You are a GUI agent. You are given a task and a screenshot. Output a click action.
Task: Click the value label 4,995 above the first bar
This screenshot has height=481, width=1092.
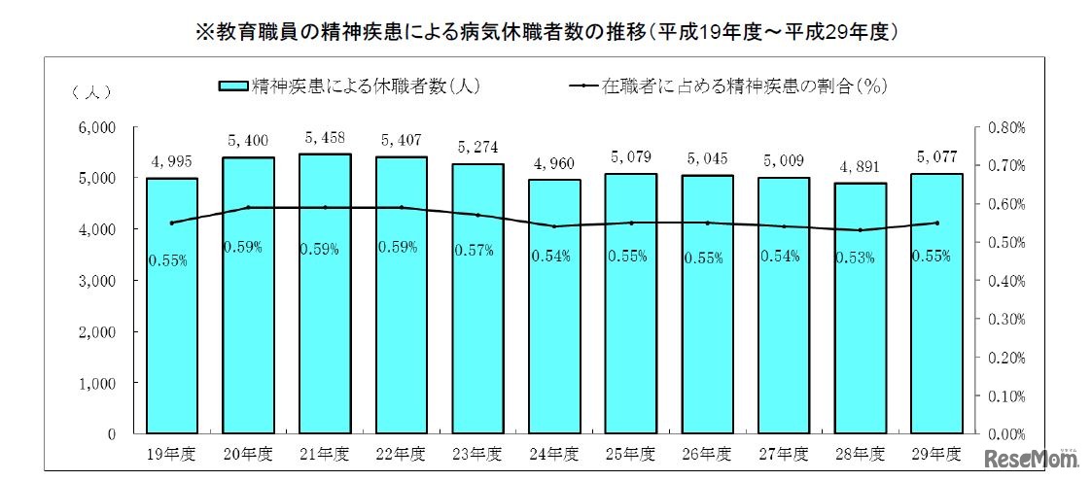click(x=171, y=161)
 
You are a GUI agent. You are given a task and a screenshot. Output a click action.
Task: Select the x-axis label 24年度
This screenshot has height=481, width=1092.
click(x=554, y=455)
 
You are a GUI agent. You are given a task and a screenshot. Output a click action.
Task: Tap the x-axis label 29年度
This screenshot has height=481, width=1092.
click(x=936, y=455)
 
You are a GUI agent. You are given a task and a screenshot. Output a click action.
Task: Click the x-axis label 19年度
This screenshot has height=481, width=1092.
click(x=171, y=455)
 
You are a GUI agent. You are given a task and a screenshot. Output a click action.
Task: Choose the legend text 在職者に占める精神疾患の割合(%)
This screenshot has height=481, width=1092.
click(x=744, y=86)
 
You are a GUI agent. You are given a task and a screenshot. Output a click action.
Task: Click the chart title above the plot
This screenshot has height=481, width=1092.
click(x=546, y=32)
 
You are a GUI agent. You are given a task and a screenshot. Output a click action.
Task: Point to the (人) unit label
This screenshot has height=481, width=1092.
click(x=91, y=92)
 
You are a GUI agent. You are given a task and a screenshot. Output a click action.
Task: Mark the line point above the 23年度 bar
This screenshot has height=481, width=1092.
click(x=477, y=215)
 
